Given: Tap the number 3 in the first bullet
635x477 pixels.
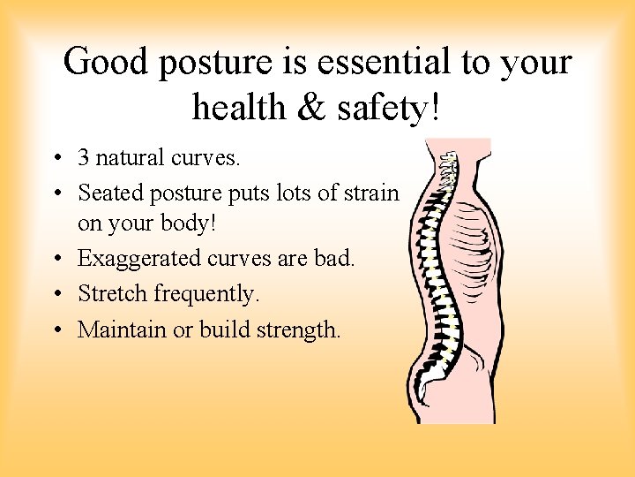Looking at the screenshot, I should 84,158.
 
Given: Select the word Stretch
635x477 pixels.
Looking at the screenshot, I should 112,293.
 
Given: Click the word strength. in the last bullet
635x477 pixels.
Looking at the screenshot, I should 298,329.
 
